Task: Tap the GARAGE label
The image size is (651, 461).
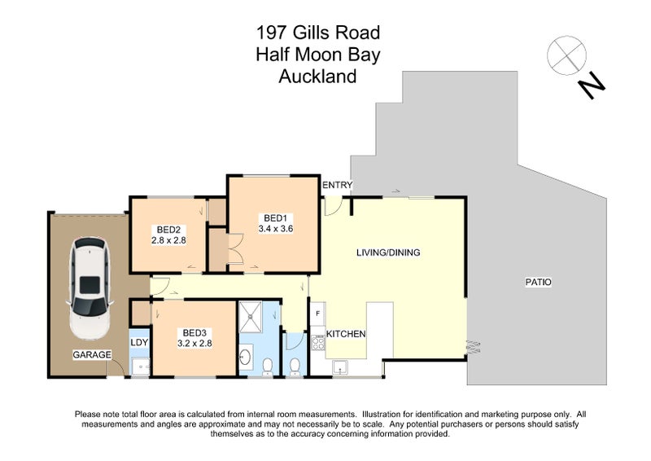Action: point(91,355)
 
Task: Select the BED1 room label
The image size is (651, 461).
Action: point(275,217)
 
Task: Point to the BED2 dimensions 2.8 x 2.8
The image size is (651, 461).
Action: point(169,240)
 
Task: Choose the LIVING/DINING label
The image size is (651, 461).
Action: point(388,252)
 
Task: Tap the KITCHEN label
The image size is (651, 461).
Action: point(346,334)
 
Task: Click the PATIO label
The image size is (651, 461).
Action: point(539,282)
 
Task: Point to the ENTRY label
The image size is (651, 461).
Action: point(337,186)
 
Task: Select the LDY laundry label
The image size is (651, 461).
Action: point(139,342)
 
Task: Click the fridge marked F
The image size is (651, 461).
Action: point(317,314)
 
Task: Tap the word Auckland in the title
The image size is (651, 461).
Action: point(317,77)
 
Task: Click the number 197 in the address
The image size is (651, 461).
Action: point(272,33)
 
